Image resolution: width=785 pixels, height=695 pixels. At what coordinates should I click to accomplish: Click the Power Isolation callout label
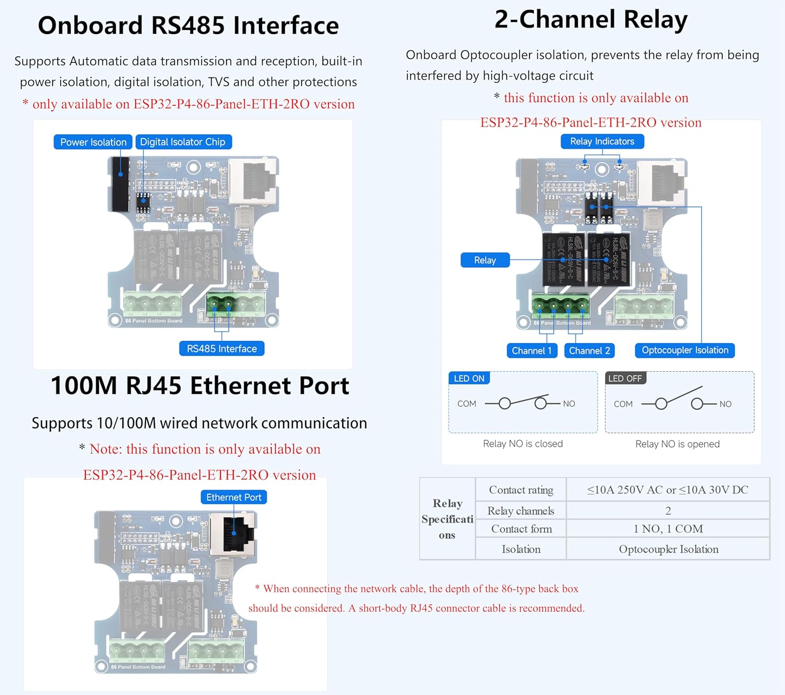coord(93,142)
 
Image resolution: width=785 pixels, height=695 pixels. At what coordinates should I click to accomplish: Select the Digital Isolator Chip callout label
coord(183,142)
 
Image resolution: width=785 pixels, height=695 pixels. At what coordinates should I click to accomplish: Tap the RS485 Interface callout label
coord(222,349)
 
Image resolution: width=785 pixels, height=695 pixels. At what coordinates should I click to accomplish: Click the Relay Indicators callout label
coord(602,142)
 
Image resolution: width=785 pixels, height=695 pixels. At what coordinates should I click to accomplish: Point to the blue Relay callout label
coord(485,260)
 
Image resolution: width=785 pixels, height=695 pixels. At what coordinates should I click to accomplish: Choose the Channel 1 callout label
coord(532,351)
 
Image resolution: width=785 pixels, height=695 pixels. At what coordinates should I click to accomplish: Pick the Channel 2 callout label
coord(589,351)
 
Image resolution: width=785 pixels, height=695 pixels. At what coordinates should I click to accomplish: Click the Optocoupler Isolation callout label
coord(685,350)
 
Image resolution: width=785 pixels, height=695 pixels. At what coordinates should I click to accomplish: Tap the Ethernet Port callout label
coord(233,497)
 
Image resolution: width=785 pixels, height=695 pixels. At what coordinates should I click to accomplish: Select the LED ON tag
coord(469,379)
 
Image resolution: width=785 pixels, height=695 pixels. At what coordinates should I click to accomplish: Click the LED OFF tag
coord(625,379)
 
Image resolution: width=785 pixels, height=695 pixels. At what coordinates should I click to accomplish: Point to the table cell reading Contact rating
coord(521,490)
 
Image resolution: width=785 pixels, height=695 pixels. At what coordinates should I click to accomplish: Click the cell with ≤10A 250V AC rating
coord(667,490)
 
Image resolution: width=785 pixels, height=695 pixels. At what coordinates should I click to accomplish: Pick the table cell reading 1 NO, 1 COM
coord(668,529)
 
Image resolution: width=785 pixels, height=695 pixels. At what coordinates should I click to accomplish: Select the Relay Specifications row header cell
coord(447,519)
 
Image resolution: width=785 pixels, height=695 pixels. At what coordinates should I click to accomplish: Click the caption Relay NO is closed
coord(523,444)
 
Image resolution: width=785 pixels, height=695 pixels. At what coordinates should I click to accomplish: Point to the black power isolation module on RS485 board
coord(120,184)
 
